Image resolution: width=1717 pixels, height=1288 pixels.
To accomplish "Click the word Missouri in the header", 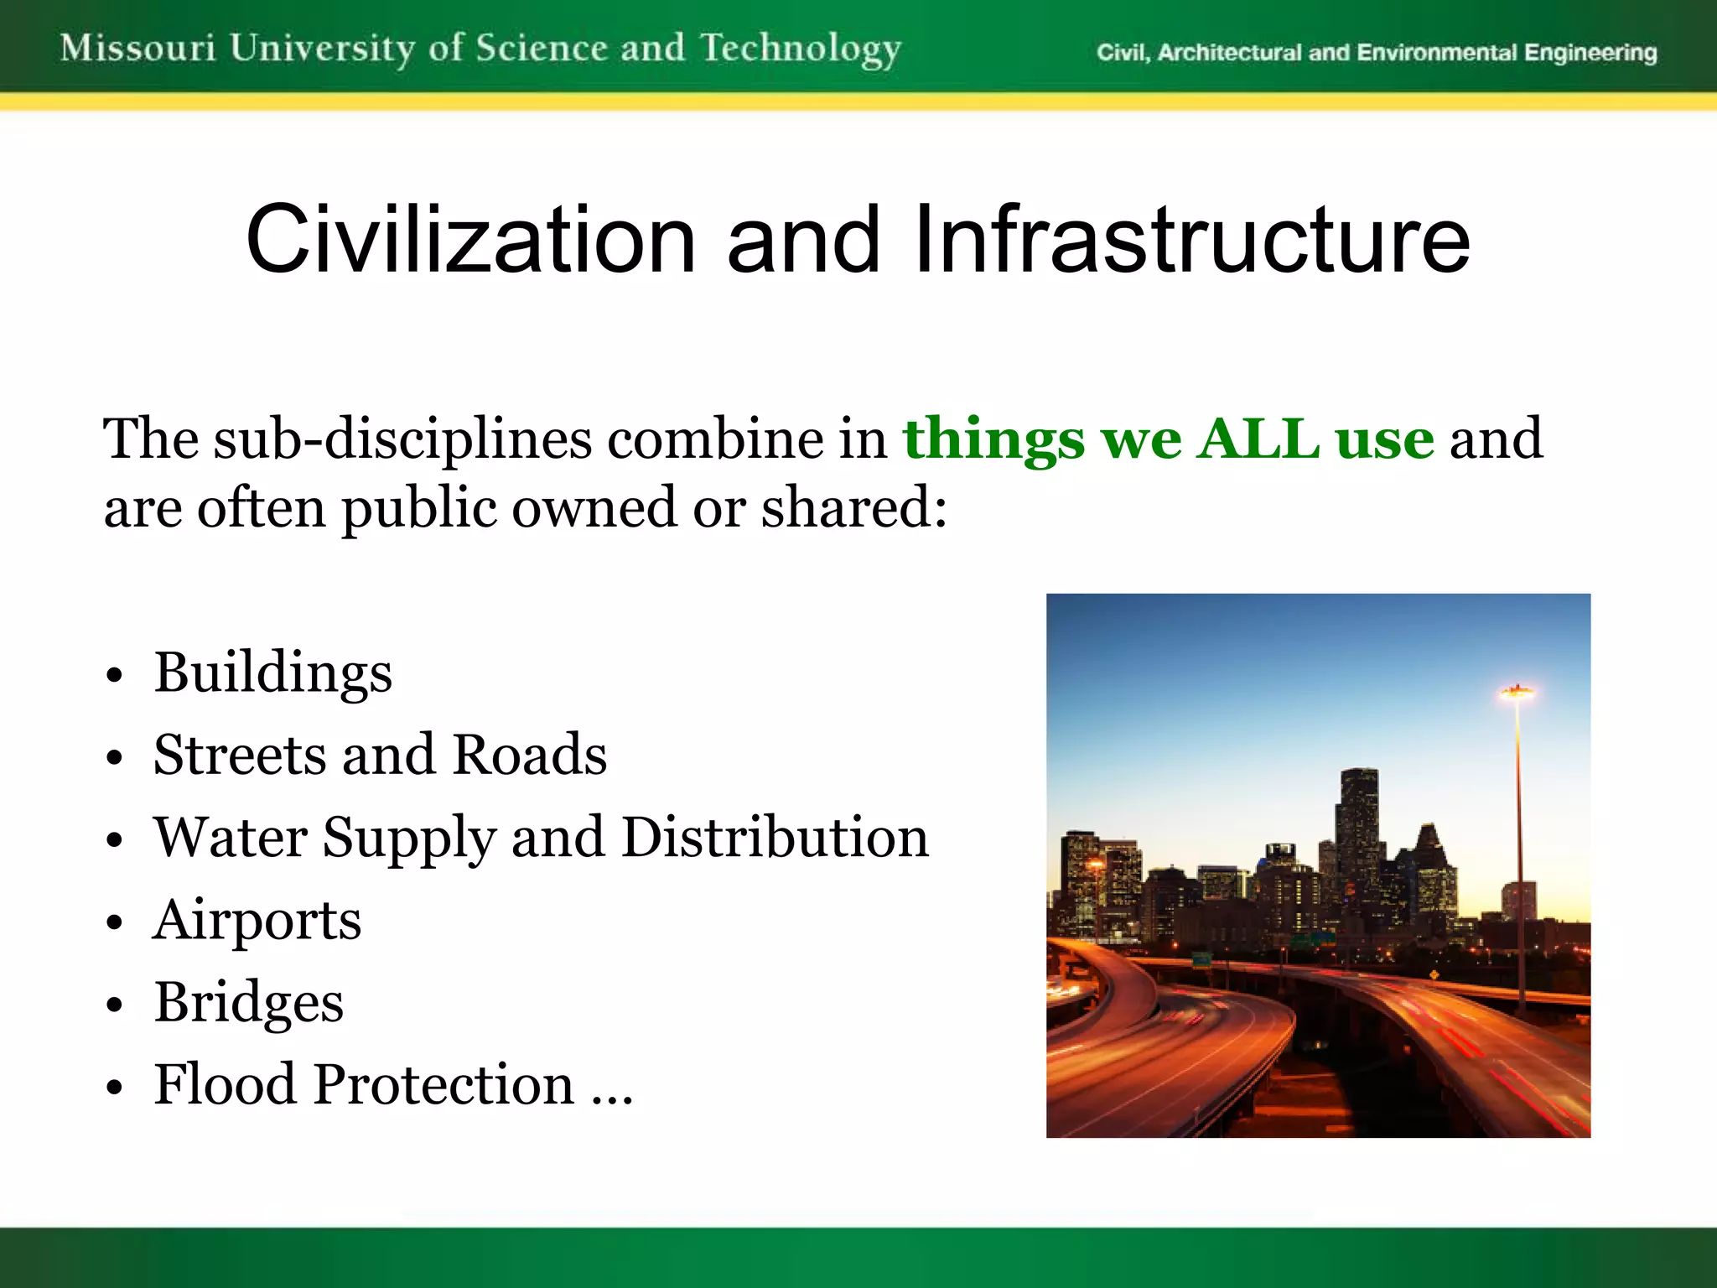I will click(138, 48).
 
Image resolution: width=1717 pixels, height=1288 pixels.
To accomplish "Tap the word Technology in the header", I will click(801, 49).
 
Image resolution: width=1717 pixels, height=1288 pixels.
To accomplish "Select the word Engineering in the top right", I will click(1590, 53).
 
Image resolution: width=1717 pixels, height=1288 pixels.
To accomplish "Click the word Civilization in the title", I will click(470, 241).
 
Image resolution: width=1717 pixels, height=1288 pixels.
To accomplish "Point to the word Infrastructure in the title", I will click(1191, 241).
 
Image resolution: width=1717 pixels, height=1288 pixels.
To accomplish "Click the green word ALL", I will click(1258, 439).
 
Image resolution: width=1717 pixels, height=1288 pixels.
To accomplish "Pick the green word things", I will click(993, 440).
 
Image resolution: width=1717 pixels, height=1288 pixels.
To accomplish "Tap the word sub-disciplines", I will click(402, 440).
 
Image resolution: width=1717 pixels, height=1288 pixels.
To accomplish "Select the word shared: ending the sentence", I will click(853, 508).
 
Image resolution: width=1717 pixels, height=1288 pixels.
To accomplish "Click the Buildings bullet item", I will click(273, 673).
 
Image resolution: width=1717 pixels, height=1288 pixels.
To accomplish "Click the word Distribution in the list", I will click(776, 838).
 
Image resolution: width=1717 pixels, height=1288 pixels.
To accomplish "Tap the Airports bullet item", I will click(257, 921).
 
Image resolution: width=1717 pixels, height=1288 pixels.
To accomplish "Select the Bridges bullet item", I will click(249, 1002).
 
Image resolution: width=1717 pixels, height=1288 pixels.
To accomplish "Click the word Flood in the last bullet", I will click(225, 1084).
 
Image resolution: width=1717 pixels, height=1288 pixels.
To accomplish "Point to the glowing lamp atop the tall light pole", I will click(1517, 693).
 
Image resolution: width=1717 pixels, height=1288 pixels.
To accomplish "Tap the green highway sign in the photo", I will click(1201, 958).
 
